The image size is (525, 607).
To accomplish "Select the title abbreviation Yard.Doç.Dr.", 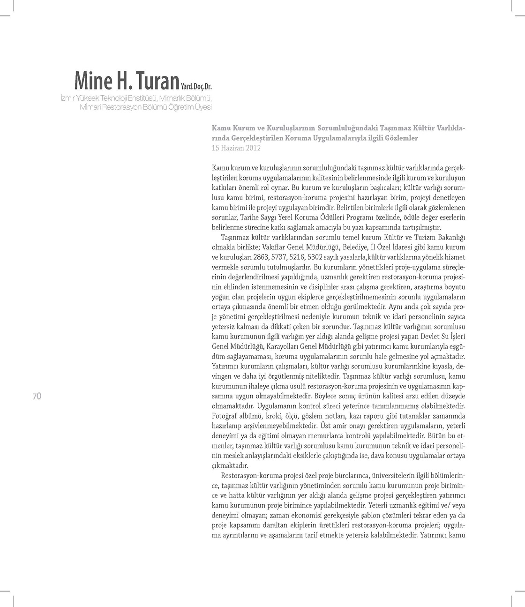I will [x=196, y=86].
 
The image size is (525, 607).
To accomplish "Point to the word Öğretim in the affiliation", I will [x=174, y=106].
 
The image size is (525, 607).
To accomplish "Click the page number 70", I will [x=37, y=396].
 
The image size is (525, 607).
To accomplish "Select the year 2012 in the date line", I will [x=252, y=148].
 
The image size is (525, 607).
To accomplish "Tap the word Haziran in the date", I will [x=231, y=148].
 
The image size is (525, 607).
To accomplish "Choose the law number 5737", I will [x=280, y=257].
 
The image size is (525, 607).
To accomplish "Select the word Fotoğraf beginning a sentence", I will [x=225, y=416].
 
